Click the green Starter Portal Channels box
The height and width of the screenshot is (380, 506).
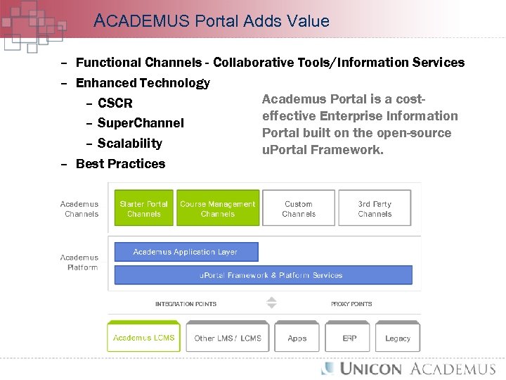tap(144, 208)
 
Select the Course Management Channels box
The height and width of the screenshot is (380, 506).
tap(218, 208)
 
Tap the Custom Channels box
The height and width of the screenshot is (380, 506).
tap(299, 208)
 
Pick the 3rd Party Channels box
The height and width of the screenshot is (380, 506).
tap(375, 208)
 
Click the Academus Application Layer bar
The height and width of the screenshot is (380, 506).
tap(186, 252)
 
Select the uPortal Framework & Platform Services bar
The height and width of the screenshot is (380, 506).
tap(271, 275)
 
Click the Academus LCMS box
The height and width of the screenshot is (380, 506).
tap(144, 338)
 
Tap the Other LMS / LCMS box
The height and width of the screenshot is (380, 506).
tap(228, 338)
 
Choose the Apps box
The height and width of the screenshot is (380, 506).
tap(297, 338)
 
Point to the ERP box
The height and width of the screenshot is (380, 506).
tap(349, 338)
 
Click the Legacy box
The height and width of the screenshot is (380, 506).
tap(398, 338)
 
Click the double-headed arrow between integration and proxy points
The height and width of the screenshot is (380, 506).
tap(272, 303)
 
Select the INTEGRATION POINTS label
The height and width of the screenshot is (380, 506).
tap(186, 304)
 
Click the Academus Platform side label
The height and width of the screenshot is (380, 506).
tap(79, 262)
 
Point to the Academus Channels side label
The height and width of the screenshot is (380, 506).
tap(79, 209)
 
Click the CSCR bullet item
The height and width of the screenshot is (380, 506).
tap(115, 103)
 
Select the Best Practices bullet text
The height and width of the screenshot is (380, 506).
tap(120, 164)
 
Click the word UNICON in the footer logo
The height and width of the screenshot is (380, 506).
tap(371, 369)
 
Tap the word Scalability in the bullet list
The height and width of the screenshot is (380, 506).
tap(129, 144)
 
